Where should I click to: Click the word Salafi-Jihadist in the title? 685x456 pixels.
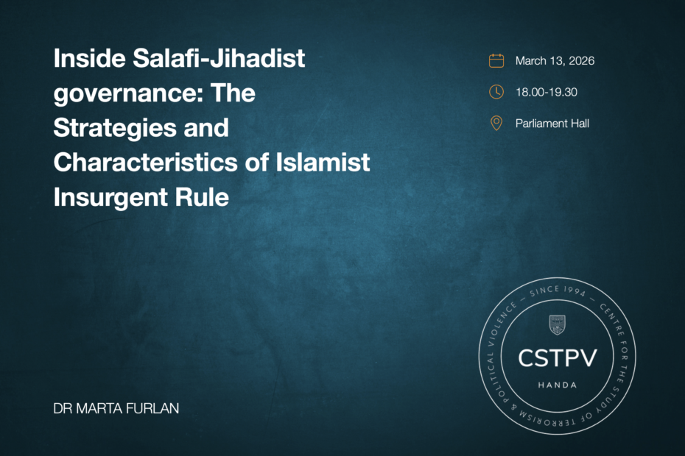(219, 59)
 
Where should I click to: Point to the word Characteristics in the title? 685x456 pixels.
(146, 163)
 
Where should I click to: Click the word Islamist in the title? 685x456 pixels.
(323, 163)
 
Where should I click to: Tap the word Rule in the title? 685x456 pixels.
(202, 197)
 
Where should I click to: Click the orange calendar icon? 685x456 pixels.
(496, 60)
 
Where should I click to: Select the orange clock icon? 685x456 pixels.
(496, 92)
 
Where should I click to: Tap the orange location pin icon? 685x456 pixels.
(496, 124)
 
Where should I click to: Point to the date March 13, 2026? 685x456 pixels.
(555, 61)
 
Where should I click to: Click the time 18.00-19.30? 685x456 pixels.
(547, 92)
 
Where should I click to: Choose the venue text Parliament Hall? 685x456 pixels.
(552, 124)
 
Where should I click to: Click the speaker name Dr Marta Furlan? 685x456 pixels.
(116, 408)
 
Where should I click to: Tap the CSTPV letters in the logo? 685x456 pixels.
(558, 358)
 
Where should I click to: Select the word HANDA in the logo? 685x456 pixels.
(558, 385)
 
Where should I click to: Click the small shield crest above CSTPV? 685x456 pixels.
(557, 325)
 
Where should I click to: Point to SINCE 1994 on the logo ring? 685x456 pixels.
(558, 291)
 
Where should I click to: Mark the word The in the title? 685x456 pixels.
(233, 93)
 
